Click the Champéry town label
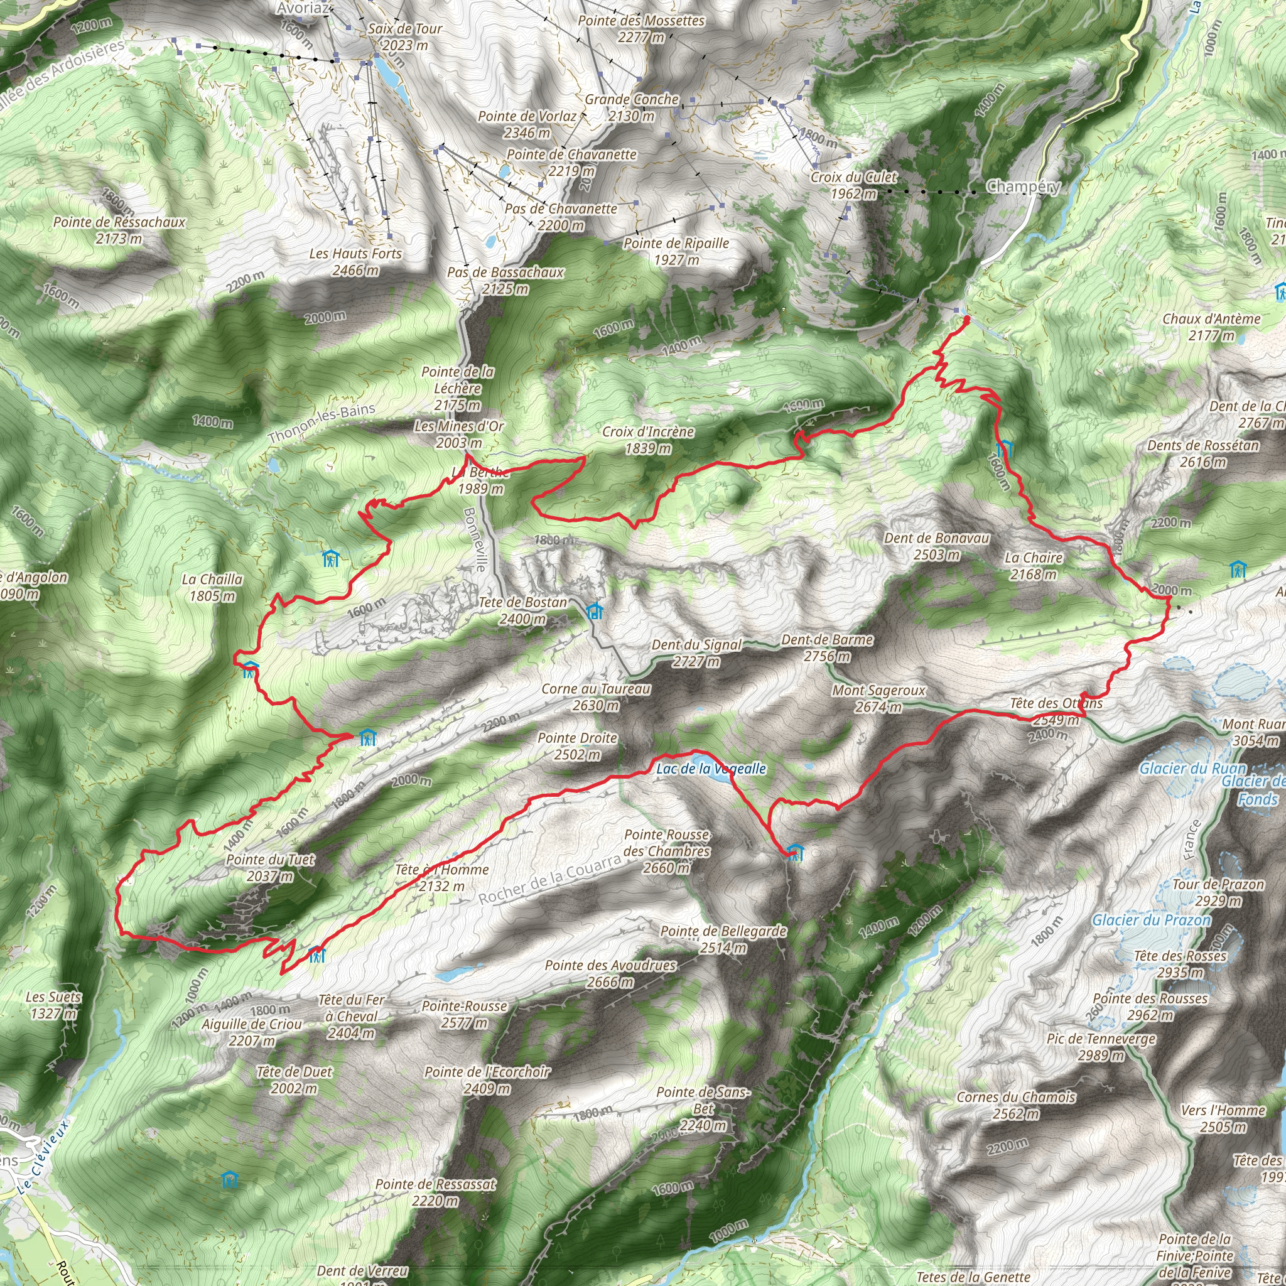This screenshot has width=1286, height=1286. [1023, 186]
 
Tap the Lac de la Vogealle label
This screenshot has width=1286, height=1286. [711, 769]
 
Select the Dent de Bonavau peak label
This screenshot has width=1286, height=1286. [936, 546]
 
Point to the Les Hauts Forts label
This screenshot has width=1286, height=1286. [355, 262]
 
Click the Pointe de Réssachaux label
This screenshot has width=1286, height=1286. [119, 230]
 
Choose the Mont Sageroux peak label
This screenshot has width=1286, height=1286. [878, 699]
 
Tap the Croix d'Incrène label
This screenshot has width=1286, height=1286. [647, 440]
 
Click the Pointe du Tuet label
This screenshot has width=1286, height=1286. [269, 867]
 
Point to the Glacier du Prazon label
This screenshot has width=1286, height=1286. [1151, 920]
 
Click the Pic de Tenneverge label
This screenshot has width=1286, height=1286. [1101, 1047]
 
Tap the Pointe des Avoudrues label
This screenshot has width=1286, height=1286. [610, 973]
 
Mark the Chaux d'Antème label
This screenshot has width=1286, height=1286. [1211, 327]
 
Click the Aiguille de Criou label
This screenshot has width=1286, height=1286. [252, 1032]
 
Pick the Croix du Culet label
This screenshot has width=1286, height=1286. [853, 186]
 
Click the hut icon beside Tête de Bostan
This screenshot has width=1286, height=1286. [595, 610]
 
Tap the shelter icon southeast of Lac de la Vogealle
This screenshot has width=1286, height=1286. [794, 852]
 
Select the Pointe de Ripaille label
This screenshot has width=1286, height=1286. [676, 252]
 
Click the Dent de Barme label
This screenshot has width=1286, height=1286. [827, 647]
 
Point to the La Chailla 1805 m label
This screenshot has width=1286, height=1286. [212, 587]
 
